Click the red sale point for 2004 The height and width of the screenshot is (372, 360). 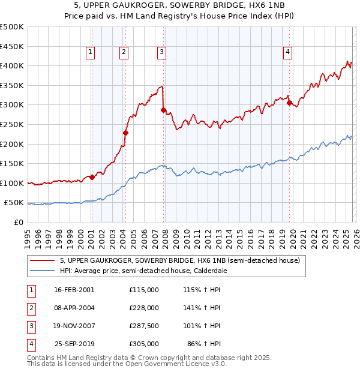click(126, 133)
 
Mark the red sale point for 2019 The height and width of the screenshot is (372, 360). click(289, 103)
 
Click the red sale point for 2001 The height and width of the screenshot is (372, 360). click(92, 177)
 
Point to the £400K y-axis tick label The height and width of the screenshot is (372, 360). click(12, 65)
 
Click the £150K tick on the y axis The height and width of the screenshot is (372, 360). click(12, 163)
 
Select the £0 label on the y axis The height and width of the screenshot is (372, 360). click(18, 222)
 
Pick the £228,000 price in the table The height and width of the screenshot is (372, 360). click(144, 308)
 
